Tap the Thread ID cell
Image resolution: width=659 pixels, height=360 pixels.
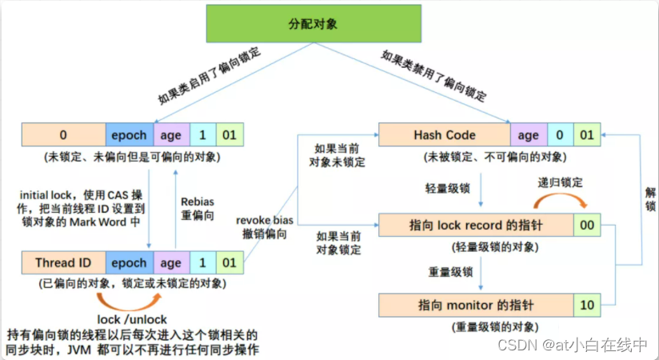pyautogui.click(x=64, y=262)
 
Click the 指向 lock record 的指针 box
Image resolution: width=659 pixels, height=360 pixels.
pyautogui.click(x=475, y=226)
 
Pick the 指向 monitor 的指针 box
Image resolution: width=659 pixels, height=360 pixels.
pyautogui.click(x=475, y=305)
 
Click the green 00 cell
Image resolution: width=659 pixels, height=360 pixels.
pyautogui.click(x=587, y=226)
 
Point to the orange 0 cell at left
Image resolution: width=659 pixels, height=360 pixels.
pyautogui.click(x=64, y=135)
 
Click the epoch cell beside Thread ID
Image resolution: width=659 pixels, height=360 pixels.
pyautogui.click(x=128, y=262)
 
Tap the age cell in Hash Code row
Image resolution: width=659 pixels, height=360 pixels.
pyautogui.click(x=528, y=135)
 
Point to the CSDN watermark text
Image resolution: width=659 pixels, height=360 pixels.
pyautogui.click(x=571, y=346)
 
